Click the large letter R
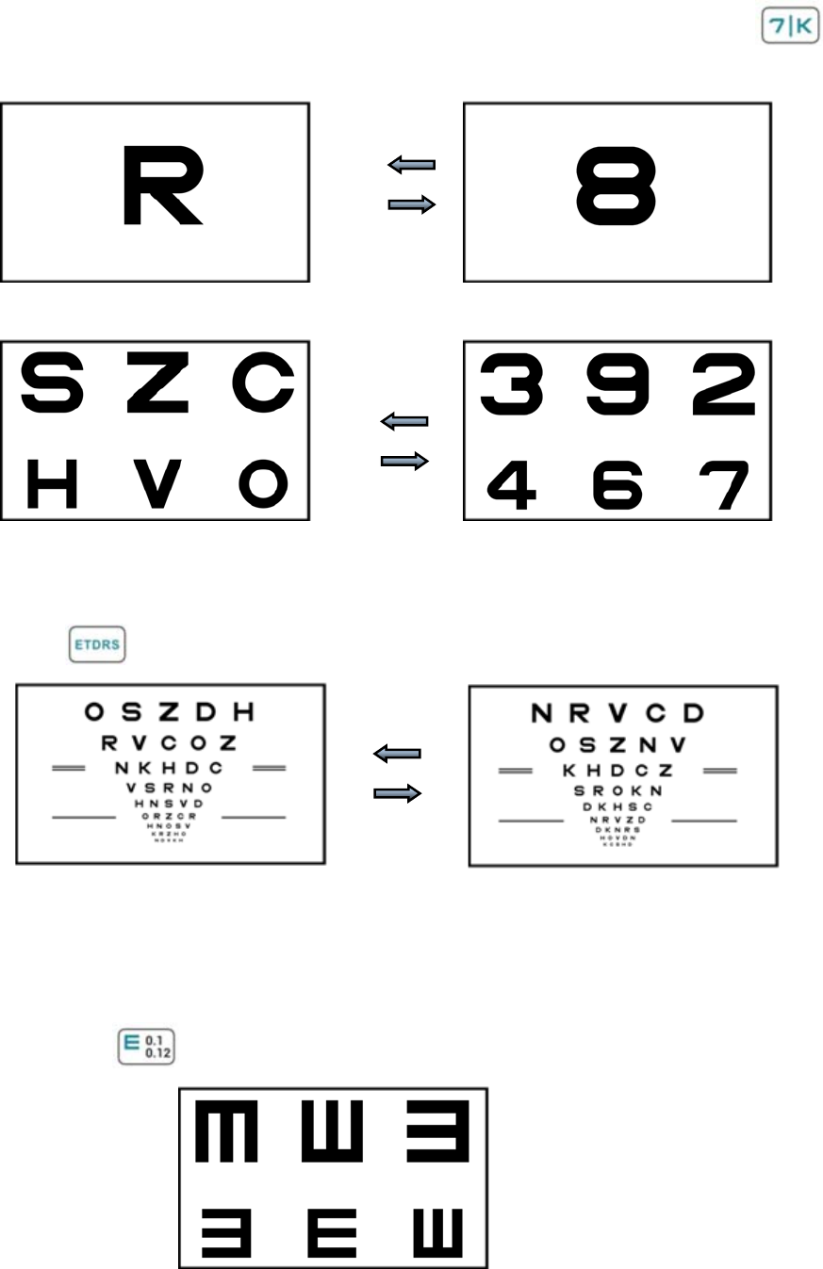click(161, 186)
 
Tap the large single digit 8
click(616, 187)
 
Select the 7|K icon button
click(789, 26)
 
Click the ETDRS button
click(97, 645)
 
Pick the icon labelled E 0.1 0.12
click(146, 1047)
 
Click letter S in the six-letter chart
click(52, 384)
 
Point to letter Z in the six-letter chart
click(157, 384)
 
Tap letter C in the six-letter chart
click(264, 384)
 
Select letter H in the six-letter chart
click(52, 483)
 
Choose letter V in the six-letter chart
click(157, 483)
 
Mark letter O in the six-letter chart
click(263, 483)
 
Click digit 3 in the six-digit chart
click(512, 384)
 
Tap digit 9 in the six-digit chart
click(617, 384)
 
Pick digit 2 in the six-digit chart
click(724, 384)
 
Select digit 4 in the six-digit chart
click(512, 485)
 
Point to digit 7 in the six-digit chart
click(724, 485)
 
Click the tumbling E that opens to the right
click(333, 1233)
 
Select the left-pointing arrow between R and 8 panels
click(412, 165)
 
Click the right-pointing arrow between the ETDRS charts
click(397, 794)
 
